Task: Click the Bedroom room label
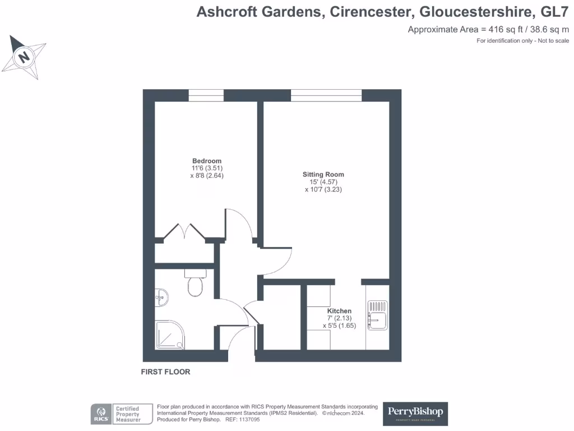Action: click(206, 161)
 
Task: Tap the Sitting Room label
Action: click(323, 175)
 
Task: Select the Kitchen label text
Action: click(339, 311)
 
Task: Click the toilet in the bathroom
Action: click(195, 286)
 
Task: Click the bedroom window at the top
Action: click(206, 95)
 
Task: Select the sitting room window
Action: click(326, 95)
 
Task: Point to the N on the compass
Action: click(24, 57)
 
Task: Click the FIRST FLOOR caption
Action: click(165, 372)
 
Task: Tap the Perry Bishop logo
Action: click(416, 413)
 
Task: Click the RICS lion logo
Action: click(100, 414)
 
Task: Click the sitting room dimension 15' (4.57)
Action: click(323, 182)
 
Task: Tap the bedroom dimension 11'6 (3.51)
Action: click(207, 168)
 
